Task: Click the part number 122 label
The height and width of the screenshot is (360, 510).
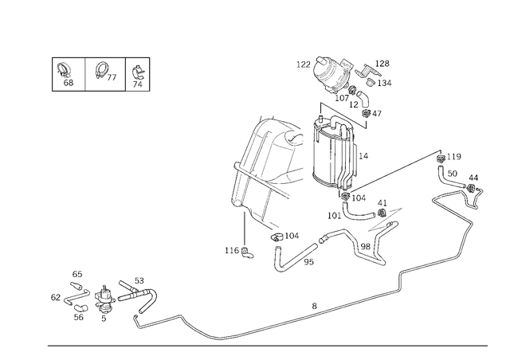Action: tap(303, 65)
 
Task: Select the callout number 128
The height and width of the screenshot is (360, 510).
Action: tap(382, 64)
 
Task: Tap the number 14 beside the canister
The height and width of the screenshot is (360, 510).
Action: tap(363, 156)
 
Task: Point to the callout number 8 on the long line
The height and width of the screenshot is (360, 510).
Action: tap(314, 306)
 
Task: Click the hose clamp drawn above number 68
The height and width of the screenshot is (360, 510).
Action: tap(64, 70)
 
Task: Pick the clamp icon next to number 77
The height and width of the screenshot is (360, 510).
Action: tap(101, 70)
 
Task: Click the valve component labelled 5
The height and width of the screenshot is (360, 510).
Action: tap(104, 297)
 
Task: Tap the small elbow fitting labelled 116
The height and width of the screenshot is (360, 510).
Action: tap(247, 252)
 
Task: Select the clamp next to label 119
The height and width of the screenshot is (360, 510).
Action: tap(441, 158)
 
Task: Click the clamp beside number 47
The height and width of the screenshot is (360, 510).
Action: tap(367, 114)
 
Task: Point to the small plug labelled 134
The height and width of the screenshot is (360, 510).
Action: tap(371, 82)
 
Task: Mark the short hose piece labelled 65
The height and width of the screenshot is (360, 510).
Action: tap(76, 286)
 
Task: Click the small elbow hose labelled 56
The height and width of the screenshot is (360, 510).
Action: tap(80, 307)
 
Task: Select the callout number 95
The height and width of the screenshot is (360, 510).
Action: tap(308, 262)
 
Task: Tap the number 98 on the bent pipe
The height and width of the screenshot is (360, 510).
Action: tap(365, 246)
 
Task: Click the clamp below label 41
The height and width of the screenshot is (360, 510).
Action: tap(382, 213)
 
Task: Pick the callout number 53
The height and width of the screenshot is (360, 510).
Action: tap(139, 280)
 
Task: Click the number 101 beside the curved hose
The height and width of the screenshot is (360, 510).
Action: tap(334, 216)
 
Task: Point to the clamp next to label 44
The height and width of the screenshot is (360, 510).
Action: tap(471, 188)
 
